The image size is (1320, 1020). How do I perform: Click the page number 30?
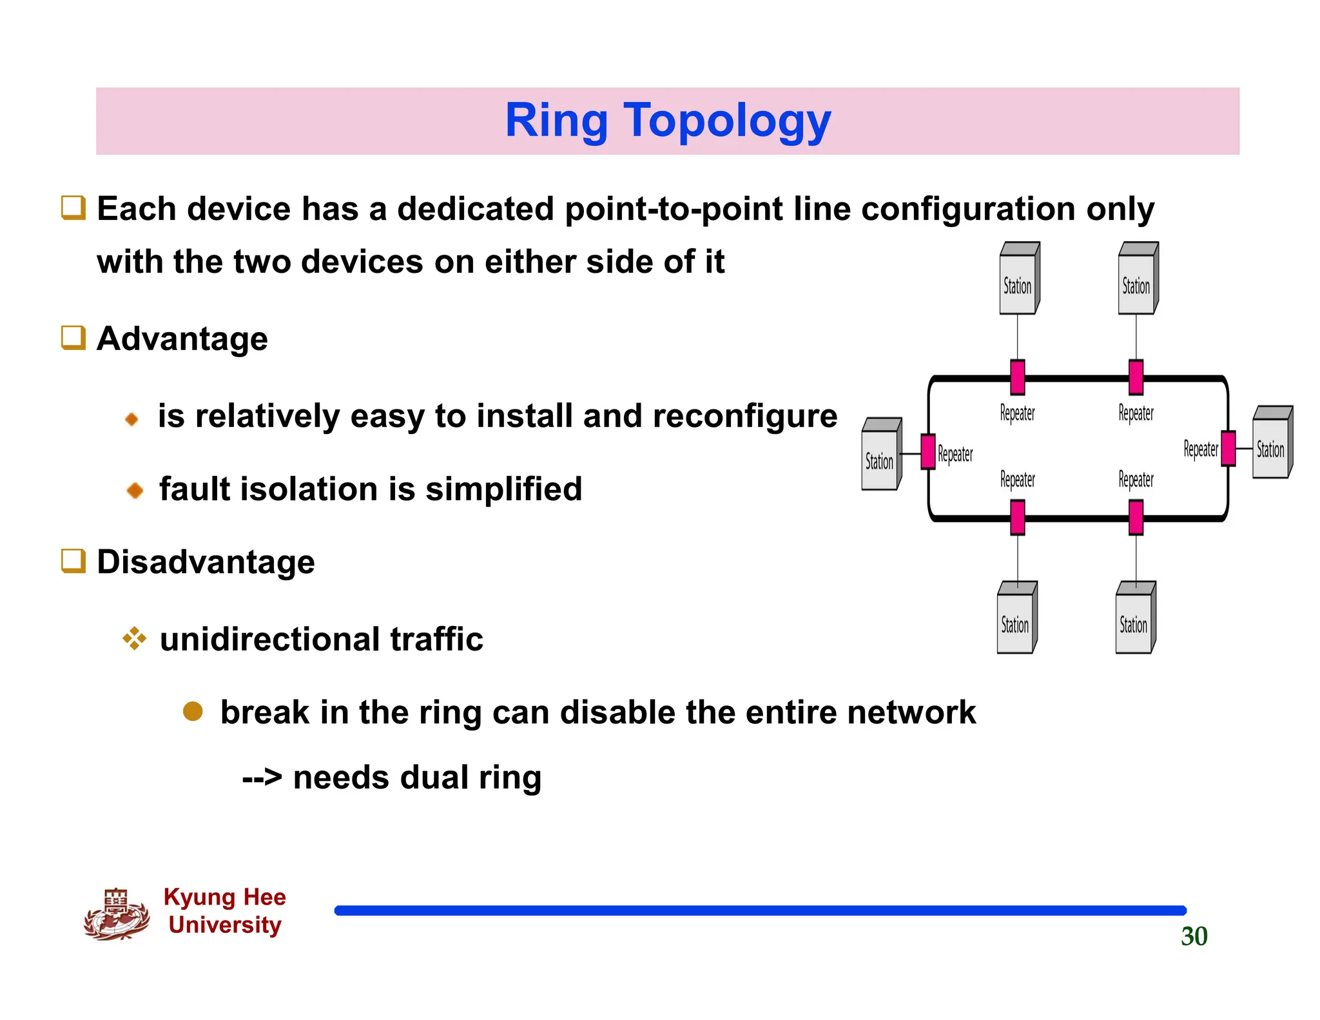click(x=1194, y=936)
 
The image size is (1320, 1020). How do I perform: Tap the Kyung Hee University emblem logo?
click(x=116, y=914)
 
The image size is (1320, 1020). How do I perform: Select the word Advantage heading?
click(x=182, y=339)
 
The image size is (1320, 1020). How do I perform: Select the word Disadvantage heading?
click(x=206, y=562)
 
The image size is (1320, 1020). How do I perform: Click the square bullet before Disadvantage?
click(x=73, y=561)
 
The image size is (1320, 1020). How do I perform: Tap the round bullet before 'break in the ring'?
click(x=193, y=712)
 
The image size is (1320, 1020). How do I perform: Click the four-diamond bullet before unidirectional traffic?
click(x=134, y=639)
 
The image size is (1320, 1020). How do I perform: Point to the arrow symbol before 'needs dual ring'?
click(x=262, y=778)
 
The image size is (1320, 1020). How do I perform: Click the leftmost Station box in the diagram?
click(x=880, y=455)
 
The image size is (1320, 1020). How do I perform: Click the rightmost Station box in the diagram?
click(x=1272, y=444)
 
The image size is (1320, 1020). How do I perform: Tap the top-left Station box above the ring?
click(x=1018, y=280)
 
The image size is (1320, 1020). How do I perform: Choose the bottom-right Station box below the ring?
click(x=1135, y=619)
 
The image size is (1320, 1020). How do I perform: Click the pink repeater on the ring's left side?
click(x=928, y=451)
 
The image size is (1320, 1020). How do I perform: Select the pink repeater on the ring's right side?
click(x=1228, y=448)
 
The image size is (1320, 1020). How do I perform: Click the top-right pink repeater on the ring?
click(x=1136, y=377)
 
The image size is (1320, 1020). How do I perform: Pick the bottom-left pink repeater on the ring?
click(x=1018, y=518)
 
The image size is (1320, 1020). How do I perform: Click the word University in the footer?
click(x=225, y=925)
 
